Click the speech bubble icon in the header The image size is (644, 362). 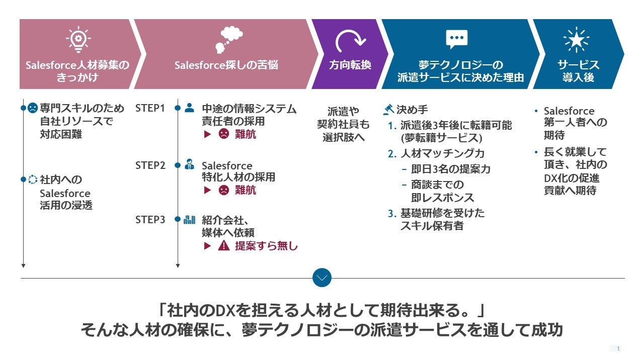[456, 39]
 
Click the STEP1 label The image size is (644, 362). [150, 108]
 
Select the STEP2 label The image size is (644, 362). [150, 165]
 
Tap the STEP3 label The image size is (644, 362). [150, 220]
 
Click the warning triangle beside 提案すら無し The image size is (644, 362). [224, 246]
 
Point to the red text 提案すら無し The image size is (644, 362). [266, 246]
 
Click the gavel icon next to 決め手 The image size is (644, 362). [388, 109]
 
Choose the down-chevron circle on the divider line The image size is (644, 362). [322, 278]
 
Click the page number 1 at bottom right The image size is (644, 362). [618, 348]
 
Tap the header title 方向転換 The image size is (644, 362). [350, 65]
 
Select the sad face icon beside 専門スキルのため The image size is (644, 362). [33, 108]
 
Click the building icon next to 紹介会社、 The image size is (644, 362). [189, 219]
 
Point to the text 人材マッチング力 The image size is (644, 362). [443, 153]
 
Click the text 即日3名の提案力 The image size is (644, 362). [450, 169]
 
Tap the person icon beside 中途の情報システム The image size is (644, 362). [189, 108]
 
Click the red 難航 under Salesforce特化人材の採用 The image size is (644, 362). [246, 190]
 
